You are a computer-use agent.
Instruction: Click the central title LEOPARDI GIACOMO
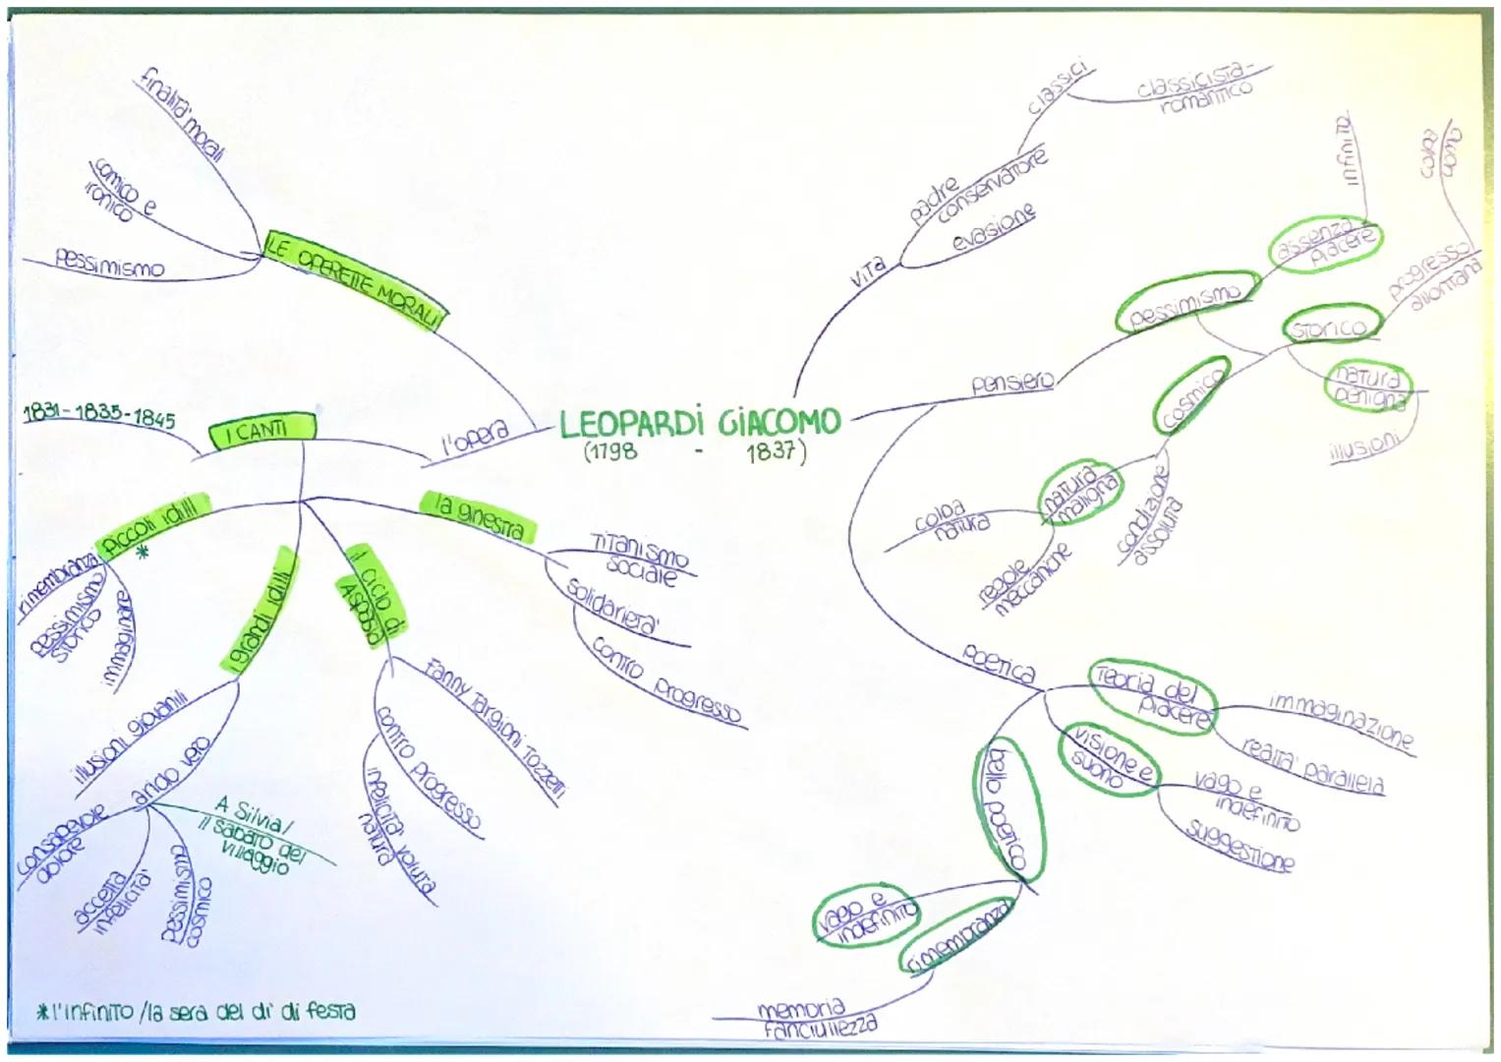[x=700, y=424]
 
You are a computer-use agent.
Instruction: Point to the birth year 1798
[x=609, y=452]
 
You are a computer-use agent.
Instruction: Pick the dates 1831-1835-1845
[x=97, y=417]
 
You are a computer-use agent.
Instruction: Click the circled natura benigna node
[x=1367, y=385]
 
